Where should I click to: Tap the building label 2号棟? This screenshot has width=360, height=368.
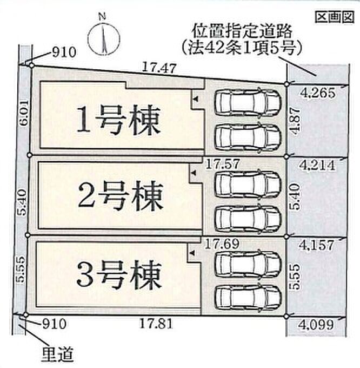tap(119, 198)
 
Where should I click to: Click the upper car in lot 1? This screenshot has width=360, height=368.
tap(248, 100)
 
